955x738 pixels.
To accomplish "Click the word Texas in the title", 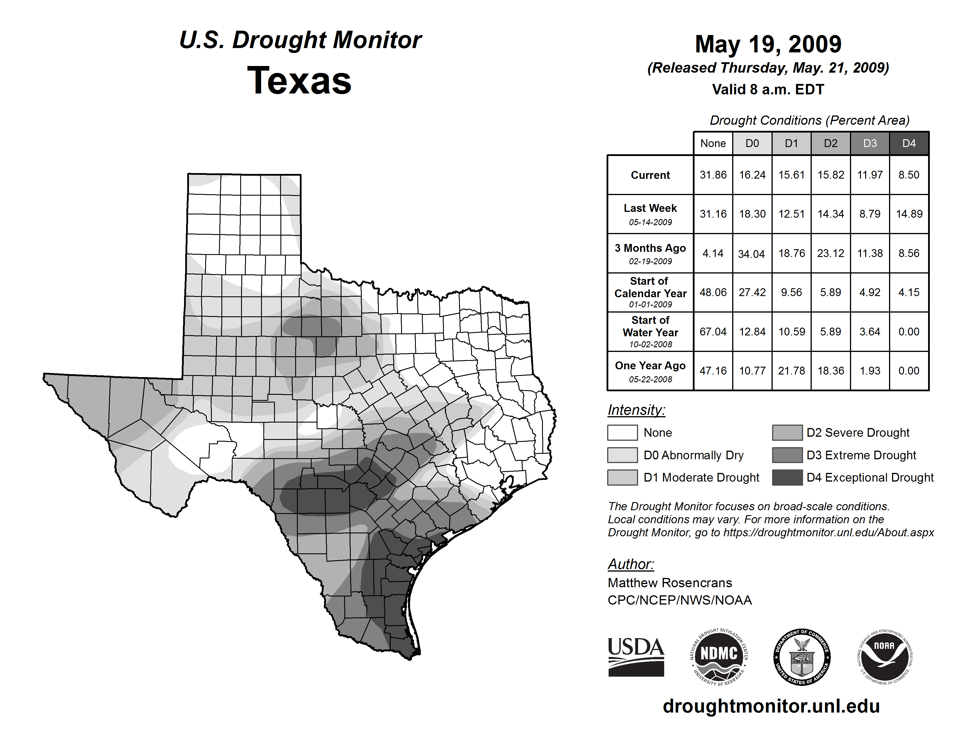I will pyautogui.click(x=299, y=80).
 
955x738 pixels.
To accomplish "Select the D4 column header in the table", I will pyautogui.click(x=909, y=143).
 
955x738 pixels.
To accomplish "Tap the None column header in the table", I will pyautogui.click(x=713, y=143).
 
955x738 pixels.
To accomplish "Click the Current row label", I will pyautogui.click(x=650, y=175).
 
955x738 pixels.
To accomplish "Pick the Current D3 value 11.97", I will pyautogui.click(x=870, y=175).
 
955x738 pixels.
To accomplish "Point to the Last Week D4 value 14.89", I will pyautogui.click(x=909, y=214).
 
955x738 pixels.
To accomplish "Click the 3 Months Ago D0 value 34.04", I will pyautogui.click(x=752, y=254).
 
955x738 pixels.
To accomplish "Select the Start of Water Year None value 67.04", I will pyautogui.click(x=713, y=332).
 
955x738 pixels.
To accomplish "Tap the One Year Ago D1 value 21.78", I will pyautogui.click(x=791, y=371).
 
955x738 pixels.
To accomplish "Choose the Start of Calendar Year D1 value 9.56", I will pyautogui.click(x=791, y=293).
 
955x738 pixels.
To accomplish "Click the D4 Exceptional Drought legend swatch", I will pyautogui.click(x=787, y=478).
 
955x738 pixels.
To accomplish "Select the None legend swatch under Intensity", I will pyautogui.click(x=622, y=432).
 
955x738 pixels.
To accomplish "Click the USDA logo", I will pyautogui.click(x=636, y=657).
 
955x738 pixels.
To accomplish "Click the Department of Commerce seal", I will pyautogui.click(x=802, y=657).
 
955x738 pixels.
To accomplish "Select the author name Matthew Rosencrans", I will pyautogui.click(x=669, y=583).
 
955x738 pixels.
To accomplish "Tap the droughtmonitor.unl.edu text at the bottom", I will pyautogui.click(x=771, y=706).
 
